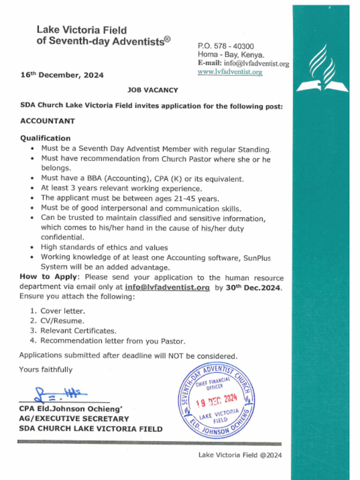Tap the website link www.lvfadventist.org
230,72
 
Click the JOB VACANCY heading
153,90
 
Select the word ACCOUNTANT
47,121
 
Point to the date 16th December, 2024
62,75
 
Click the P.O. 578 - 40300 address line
226,46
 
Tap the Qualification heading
45,138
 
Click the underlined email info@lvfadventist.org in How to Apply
167,287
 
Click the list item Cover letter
62,311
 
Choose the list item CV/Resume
62,321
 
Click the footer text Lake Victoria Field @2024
240,455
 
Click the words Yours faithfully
46,370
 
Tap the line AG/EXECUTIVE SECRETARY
74,419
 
